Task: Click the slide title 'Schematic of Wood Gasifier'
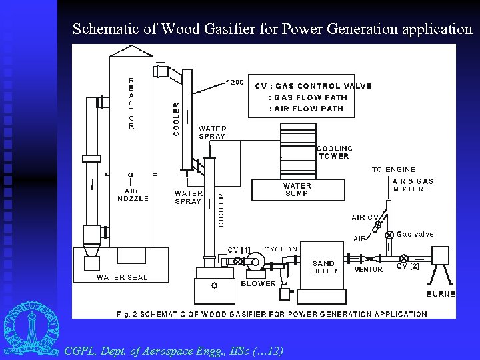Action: click(x=272, y=29)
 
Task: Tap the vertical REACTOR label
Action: click(x=131, y=103)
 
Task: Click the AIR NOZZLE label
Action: click(x=133, y=194)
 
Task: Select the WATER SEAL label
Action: click(x=123, y=277)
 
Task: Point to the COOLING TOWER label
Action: click(x=335, y=152)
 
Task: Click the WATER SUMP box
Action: click(x=297, y=190)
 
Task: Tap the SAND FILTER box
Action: click(x=324, y=267)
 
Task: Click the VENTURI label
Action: click(x=369, y=270)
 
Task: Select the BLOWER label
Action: click(x=259, y=283)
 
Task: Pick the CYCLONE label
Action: click(x=283, y=249)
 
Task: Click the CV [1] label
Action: click(x=239, y=250)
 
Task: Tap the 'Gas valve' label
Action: click(x=415, y=234)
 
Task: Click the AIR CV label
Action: click(x=365, y=217)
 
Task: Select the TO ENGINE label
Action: click(x=393, y=169)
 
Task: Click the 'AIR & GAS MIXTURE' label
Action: click(x=412, y=185)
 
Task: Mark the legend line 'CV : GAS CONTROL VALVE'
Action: click(x=313, y=86)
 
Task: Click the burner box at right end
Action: click(x=441, y=257)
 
